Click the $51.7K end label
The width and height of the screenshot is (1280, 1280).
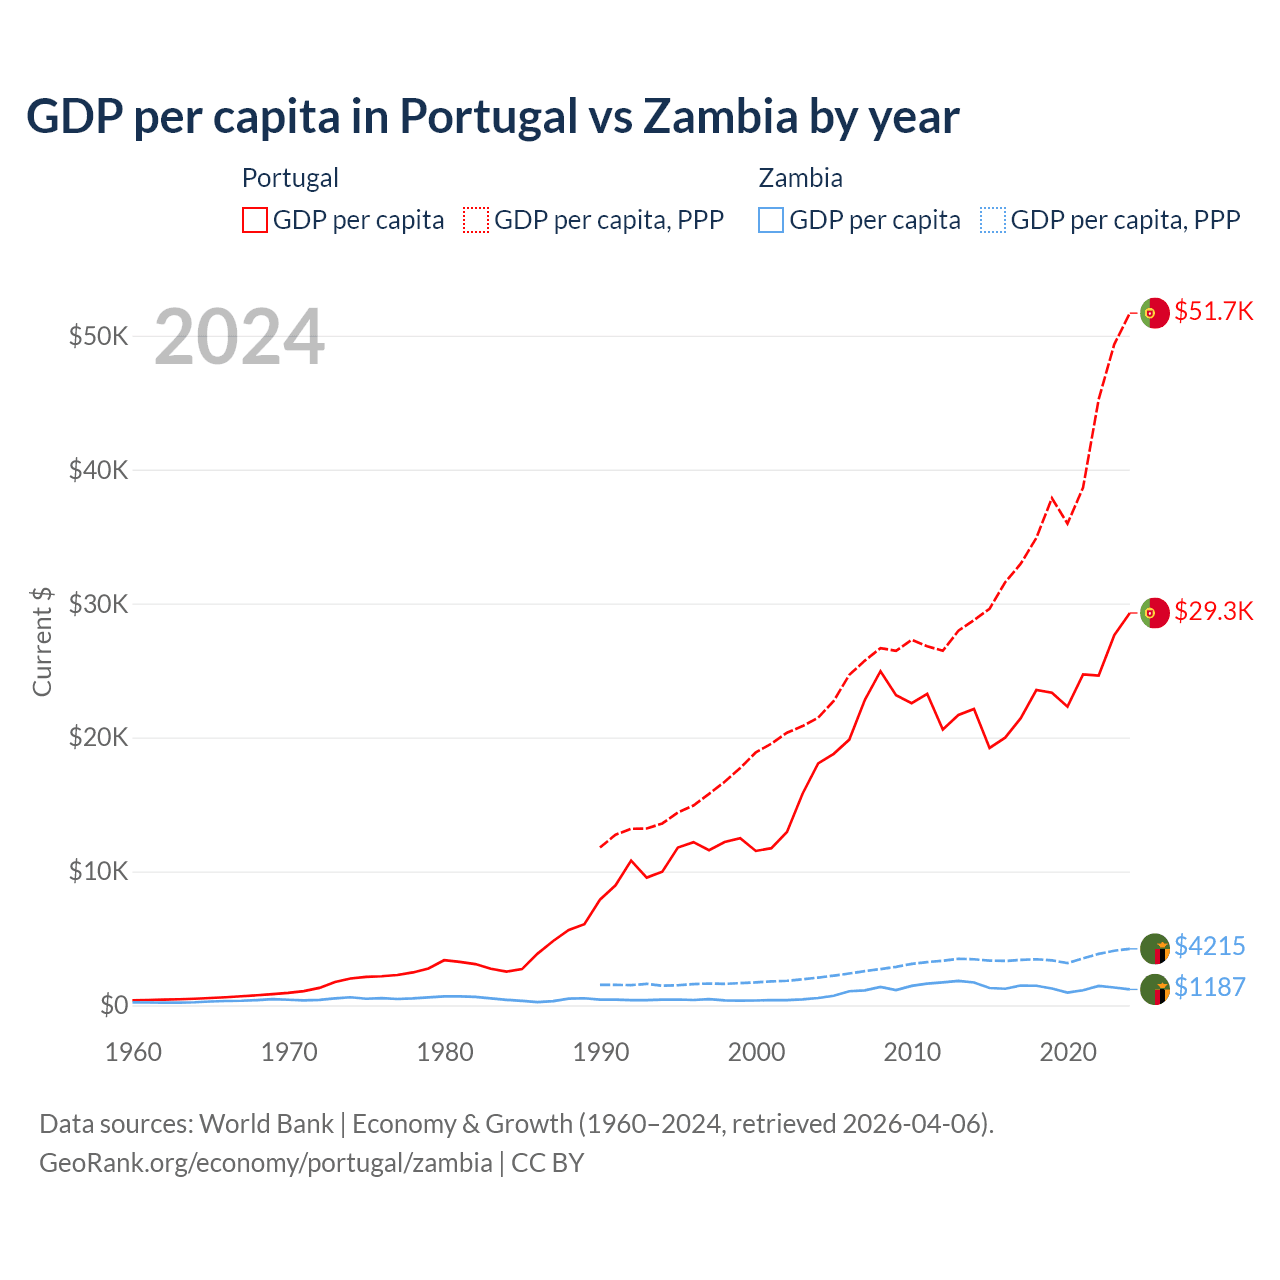coord(1213,311)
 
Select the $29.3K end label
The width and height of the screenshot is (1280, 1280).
coord(1213,611)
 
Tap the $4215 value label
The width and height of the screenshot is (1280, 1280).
coord(1209,946)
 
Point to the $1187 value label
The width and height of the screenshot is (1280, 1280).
coord(1209,987)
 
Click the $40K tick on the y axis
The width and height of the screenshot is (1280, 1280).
coord(98,470)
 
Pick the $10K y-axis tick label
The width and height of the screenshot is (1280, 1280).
coord(98,871)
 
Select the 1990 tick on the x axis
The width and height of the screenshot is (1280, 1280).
coord(601,1052)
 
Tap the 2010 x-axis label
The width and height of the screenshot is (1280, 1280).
coord(912,1052)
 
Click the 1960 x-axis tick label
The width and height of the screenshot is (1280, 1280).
coord(134,1052)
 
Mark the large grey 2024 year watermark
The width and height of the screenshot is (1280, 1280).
coord(239,337)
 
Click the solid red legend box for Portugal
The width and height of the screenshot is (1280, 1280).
coord(255,220)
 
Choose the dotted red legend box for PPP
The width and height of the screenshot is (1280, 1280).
coord(476,220)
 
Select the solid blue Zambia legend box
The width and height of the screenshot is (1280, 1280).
coord(771,220)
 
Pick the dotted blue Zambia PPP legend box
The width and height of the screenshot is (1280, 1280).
coord(993,220)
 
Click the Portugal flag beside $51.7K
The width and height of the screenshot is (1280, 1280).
coord(1154,312)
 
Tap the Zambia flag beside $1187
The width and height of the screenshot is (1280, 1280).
coord(1154,989)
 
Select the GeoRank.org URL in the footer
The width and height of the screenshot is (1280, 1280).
coord(265,1163)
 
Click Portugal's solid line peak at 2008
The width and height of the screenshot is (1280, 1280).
coord(880,671)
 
